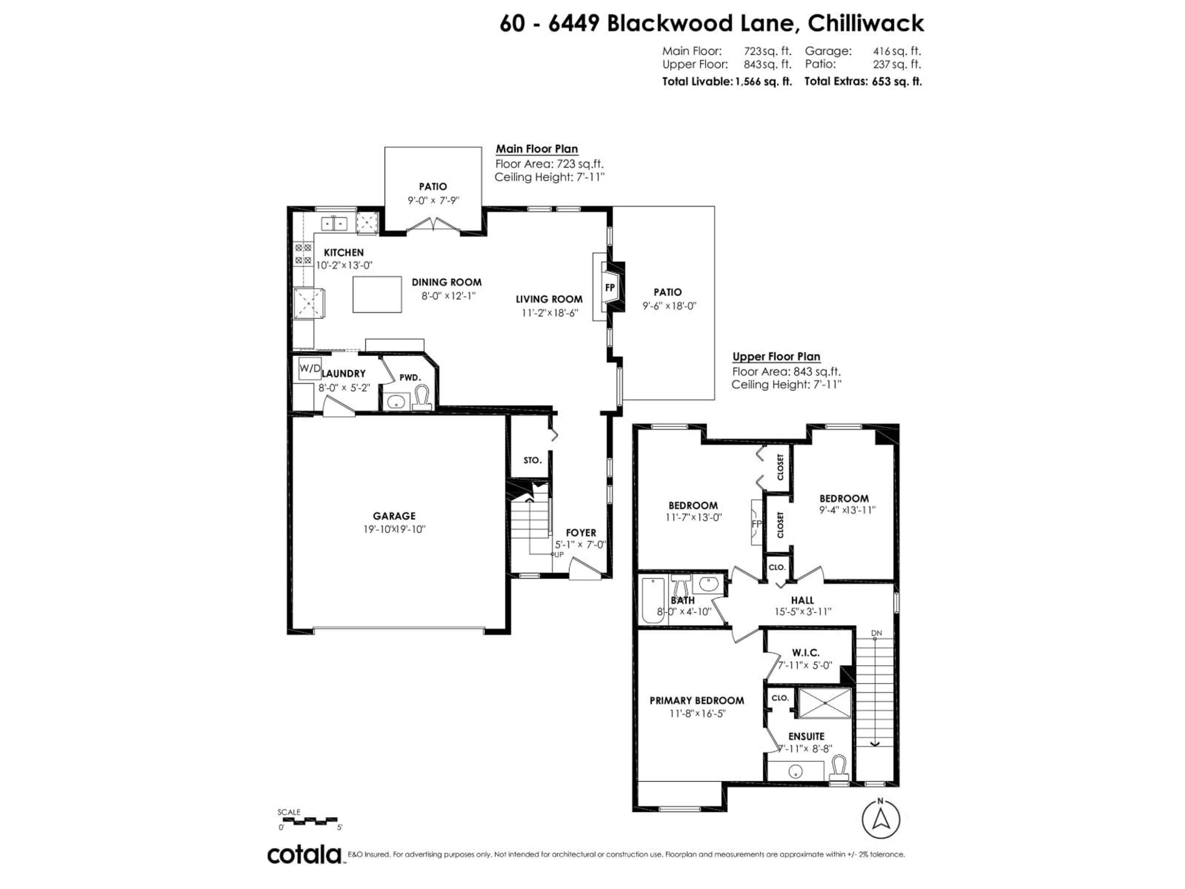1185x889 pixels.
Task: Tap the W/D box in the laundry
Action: (310, 368)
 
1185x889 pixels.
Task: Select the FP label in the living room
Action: (610, 288)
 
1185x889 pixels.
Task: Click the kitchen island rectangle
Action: (377, 294)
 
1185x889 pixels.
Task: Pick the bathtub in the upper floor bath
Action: (653, 600)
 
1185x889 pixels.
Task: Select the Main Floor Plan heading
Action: (536, 149)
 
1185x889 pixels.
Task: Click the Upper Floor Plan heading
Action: (776, 356)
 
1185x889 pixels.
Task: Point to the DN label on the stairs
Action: (876, 633)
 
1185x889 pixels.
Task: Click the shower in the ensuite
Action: (825, 703)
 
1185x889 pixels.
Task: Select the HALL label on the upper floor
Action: (802, 600)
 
